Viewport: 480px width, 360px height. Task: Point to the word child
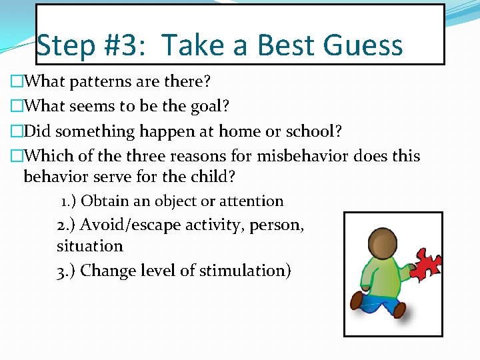click(x=213, y=177)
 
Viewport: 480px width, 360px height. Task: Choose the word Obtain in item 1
click(x=105, y=201)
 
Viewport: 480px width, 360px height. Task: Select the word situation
click(x=90, y=246)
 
